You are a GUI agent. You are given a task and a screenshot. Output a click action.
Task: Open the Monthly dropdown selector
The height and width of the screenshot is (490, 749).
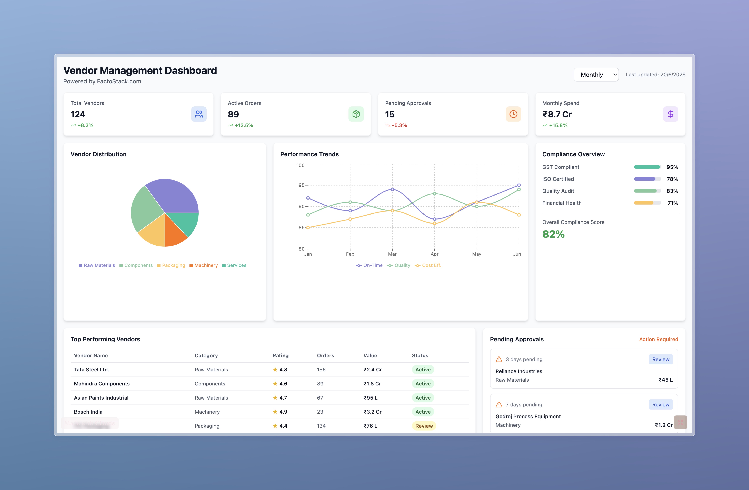click(x=596, y=75)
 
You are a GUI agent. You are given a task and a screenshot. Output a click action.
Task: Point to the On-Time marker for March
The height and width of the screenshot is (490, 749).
click(x=392, y=189)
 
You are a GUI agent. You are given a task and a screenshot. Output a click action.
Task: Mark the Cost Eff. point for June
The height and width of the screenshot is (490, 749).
click(x=519, y=215)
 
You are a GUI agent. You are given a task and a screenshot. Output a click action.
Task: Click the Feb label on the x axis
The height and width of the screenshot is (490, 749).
click(x=350, y=254)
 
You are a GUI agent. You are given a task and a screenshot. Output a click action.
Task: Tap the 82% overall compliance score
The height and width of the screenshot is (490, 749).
click(x=553, y=234)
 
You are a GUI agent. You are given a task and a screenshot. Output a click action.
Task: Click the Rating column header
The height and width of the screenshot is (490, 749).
click(x=280, y=355)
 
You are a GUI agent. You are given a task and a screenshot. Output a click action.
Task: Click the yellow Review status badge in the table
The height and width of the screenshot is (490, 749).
click(x=424, y=426)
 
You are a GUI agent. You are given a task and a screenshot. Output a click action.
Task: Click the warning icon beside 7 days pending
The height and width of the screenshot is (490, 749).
click(x=499, y=404)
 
